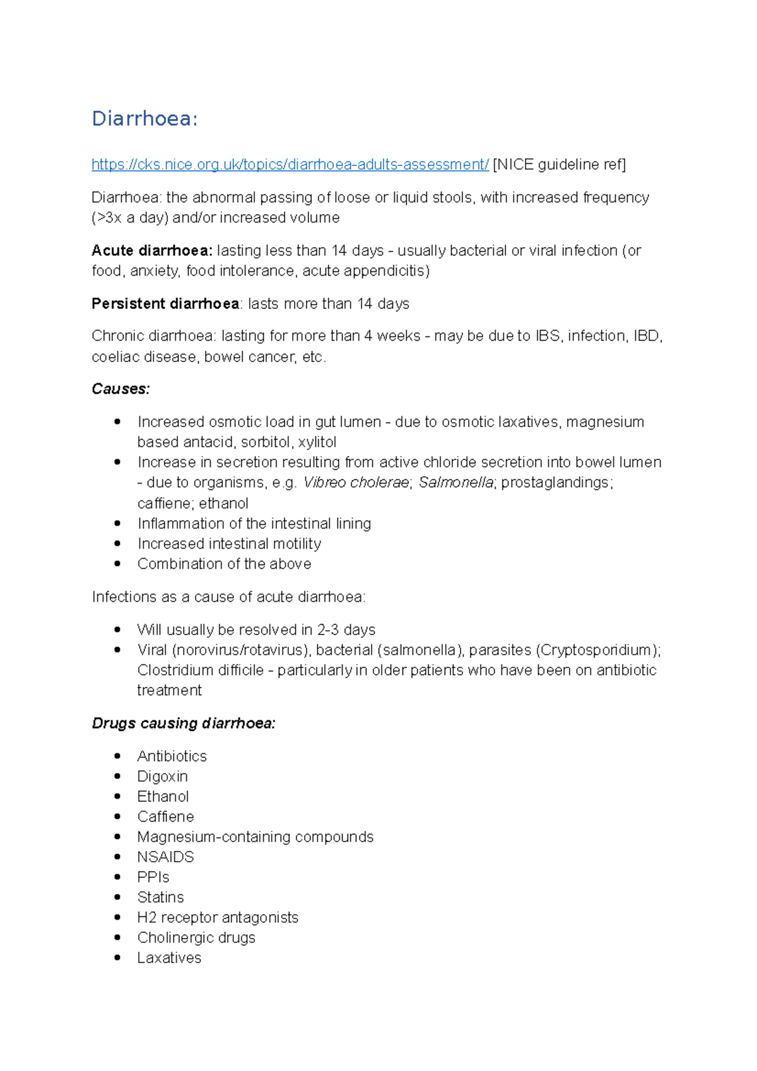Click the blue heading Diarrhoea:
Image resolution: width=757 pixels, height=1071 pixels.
click(144, 119)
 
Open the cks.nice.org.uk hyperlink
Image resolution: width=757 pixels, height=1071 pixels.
click(290, 165)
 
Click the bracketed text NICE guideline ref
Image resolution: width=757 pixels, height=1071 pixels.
click(559, 165)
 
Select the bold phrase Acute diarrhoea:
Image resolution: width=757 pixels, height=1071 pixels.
click(151, 250)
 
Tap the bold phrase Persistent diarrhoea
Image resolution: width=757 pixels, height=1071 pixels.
click(165, 303)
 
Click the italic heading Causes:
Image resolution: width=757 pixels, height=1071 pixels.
click(120, 389)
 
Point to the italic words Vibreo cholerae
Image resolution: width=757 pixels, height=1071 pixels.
click(356, 483)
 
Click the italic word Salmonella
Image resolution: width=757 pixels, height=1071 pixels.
click(456, 483)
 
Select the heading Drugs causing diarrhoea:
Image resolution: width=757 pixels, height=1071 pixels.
click(184, 723)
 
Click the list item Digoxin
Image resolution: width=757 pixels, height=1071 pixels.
click(162, 776)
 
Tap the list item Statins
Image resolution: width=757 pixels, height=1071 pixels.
click(160, 897)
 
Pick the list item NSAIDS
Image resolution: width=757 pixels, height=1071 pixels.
click(165, 857)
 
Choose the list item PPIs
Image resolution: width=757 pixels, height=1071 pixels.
click(153, 877)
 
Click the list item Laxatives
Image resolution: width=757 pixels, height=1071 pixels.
click(169, 957)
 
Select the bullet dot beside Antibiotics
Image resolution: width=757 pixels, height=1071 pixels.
click(117, 756)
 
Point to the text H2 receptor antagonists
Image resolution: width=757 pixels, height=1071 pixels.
click(218, 917)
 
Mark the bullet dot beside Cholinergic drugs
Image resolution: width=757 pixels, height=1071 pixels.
click(117, 937)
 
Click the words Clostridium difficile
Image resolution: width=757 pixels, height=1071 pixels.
click(200, 670)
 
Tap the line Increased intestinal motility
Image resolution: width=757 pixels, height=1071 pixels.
click(229, 543)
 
